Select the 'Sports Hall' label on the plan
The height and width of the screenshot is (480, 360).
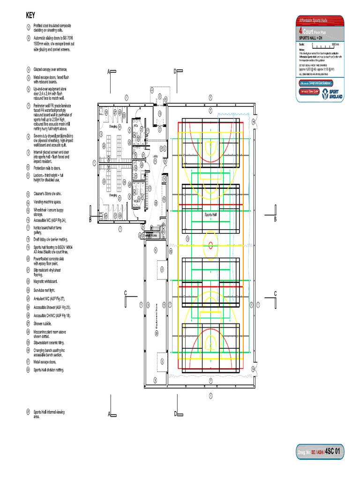point(210,214)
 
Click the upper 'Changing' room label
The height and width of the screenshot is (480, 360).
point(113,127)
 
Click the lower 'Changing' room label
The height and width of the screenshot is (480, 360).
point(113,195)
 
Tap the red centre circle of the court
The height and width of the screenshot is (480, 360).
point(210,245)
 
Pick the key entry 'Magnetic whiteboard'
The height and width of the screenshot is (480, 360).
point(45,281)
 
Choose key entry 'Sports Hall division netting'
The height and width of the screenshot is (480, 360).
point(52,370)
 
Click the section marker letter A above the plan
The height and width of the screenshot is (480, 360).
point(108,71)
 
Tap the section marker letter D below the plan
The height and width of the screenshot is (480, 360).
point(175,413)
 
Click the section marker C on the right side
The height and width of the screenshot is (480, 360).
point(275,293)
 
